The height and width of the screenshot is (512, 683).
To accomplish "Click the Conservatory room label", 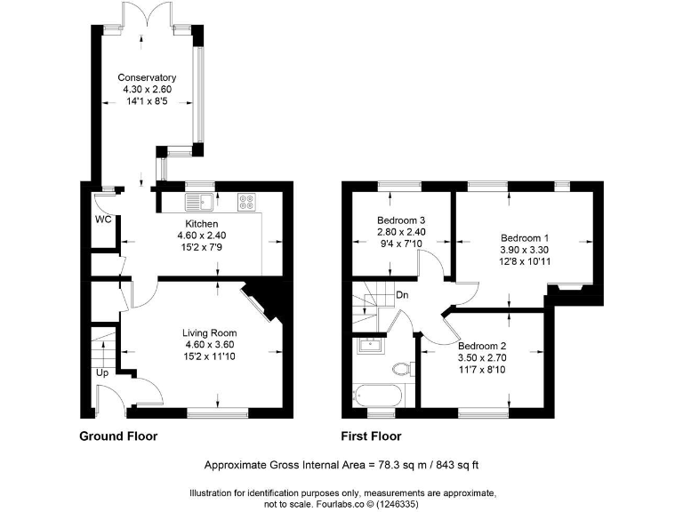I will tap(148, 78).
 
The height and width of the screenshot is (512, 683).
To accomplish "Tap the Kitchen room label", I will tap(201, 223).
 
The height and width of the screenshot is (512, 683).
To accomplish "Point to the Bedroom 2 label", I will tap(482, 347).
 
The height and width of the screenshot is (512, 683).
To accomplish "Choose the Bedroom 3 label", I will tap(401, 220).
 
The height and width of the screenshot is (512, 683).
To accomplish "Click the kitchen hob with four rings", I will tap(247, 202).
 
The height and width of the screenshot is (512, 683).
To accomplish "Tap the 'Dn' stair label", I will tap(402, 295).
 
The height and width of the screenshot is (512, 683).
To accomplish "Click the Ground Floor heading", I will tap(118, 436).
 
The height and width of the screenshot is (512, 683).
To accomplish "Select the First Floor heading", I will tap(371, 436).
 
